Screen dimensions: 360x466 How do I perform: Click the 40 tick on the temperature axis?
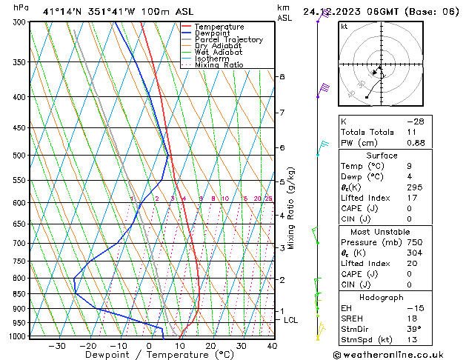click(272, 346)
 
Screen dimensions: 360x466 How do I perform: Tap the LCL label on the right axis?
click(290, 320)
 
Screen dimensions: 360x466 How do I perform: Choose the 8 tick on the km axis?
click(282, 77)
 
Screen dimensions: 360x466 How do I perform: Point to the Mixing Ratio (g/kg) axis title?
click(292, 208)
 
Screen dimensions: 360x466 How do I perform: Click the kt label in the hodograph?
click(344, 27)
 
